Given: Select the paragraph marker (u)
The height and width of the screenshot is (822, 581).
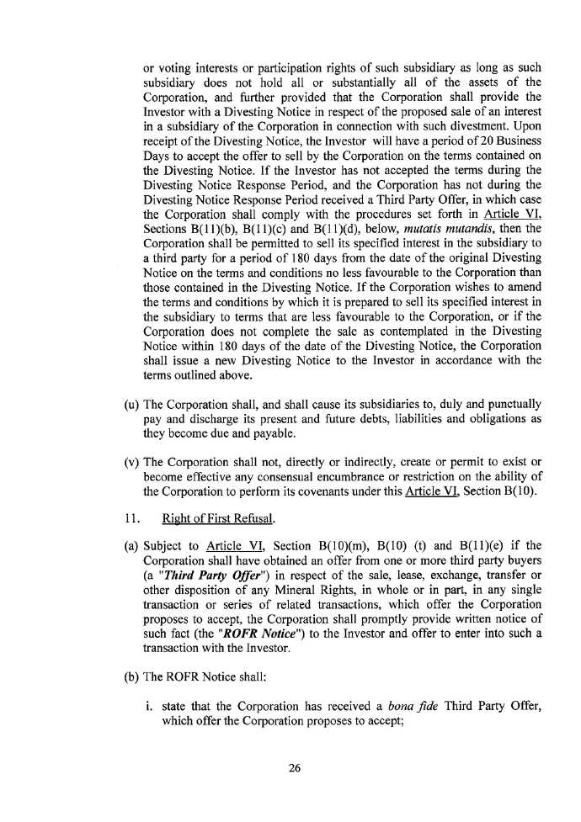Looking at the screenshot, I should [x=131, y=405].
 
